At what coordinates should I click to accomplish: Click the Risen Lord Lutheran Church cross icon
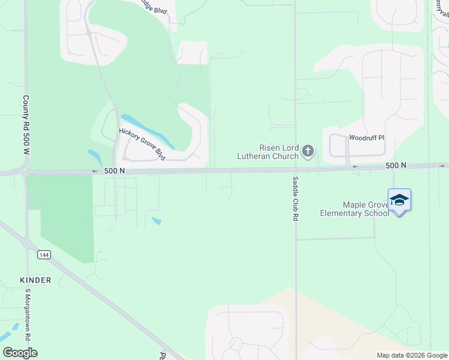click(x=308, y=151)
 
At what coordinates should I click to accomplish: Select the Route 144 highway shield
click(x=43, y=255)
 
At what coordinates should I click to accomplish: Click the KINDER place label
click(x=35, y=280)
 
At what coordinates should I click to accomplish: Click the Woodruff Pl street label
click(x=366, y=137)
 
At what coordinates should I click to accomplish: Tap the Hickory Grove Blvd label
click(x=142, y=144)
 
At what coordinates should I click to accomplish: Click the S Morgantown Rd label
click(x=27, y=314)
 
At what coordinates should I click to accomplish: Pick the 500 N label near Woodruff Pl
click(x=396, y=165)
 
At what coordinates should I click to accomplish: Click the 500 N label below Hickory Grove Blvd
click(x=114, y=171)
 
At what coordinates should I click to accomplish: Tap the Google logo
click(x=20, y=353)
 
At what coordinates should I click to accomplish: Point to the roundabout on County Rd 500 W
click(x=25, y=171)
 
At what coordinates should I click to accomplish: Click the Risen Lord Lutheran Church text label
click(x=279, y=152)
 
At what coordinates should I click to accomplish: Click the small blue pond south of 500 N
click(x=157, y=221)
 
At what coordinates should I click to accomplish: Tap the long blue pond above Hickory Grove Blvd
click(x=147, y=131)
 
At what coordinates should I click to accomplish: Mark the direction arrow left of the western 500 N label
click(x=94, y=172)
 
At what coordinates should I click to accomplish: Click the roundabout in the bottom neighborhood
click(x=236, y=344)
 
